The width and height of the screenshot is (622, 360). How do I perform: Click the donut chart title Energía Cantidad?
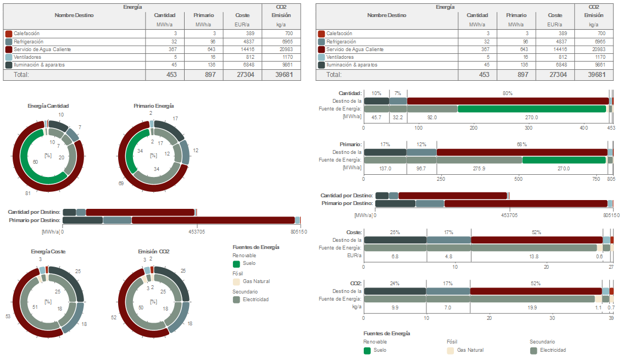(x=48, y=106)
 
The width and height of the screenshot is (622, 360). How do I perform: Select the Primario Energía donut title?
(x=153, y=106)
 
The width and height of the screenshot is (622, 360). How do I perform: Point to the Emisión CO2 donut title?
(x=153, y=251)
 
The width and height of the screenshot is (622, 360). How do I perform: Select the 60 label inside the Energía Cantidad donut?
(x=35, y=162)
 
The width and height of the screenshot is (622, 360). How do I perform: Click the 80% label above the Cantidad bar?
(x=507, y=93)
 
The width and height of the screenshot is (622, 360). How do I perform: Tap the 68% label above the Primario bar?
(x=521, y=145)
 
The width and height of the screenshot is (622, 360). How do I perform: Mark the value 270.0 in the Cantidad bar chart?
(x=531, y=117)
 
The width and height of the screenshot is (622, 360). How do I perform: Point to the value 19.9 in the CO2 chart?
(x=532, y=308)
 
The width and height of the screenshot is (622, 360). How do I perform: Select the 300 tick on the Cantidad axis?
(x=529, y=128)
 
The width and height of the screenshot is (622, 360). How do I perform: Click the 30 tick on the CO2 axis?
(x=552, y=318)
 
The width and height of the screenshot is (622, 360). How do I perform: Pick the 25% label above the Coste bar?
(x=395, y=232)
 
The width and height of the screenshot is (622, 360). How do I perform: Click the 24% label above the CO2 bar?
(x=395, y=284)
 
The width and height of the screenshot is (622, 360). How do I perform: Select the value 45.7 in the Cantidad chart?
(x=376, y=117)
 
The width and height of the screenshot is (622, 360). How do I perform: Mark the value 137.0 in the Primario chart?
(x=385, y=169)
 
